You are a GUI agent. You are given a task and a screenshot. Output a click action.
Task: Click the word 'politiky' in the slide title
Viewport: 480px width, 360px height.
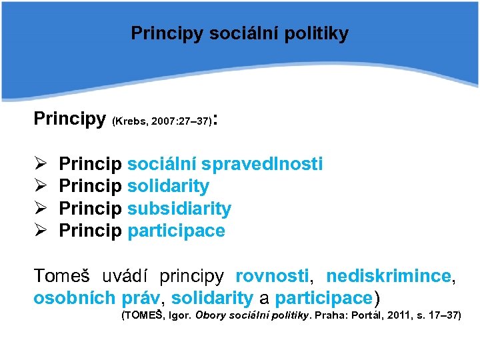[319, 33]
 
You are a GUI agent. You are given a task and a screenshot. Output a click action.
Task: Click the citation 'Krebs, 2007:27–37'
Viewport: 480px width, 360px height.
[163, 122]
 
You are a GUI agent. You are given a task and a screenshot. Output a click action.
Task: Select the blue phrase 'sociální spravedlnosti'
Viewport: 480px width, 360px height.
[225, 164]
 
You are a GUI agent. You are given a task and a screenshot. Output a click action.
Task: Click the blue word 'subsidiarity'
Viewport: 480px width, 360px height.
[179, 209]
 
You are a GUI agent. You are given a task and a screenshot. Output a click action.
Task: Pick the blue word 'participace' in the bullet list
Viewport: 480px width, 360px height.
[176, 231]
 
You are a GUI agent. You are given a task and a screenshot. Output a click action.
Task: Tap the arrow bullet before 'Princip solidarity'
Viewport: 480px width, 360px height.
[39, 187]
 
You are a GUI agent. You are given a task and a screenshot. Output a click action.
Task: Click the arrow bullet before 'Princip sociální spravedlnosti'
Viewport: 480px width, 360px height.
[39, 164]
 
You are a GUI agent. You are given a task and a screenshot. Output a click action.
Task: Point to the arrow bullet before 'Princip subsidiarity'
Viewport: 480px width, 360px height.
[39, 209]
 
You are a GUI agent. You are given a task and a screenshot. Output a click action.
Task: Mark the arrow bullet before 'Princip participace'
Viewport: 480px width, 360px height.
[39, 231]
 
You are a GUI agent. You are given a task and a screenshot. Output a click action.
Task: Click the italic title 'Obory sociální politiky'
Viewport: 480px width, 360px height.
[254, 315]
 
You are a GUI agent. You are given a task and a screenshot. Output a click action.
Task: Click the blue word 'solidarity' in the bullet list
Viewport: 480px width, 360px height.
[168, 187]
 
